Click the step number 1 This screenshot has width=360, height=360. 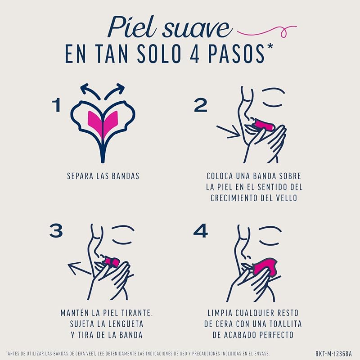coord(57,105)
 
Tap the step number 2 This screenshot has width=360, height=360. coord(201,105)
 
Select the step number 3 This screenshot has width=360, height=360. coord(56,231)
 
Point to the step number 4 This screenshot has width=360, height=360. coord(201,231)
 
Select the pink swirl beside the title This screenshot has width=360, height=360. coord(266,32)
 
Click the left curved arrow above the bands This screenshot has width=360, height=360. coord(90,91)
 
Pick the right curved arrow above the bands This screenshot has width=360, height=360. coord(115,91)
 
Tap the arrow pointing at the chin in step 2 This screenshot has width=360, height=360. coord(228,132)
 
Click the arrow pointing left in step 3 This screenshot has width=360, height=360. coord(79,269)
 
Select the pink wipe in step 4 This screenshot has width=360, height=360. coord(266,268)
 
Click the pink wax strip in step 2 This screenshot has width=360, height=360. coord(262,125)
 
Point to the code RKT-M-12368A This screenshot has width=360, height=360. coord(333,353)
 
